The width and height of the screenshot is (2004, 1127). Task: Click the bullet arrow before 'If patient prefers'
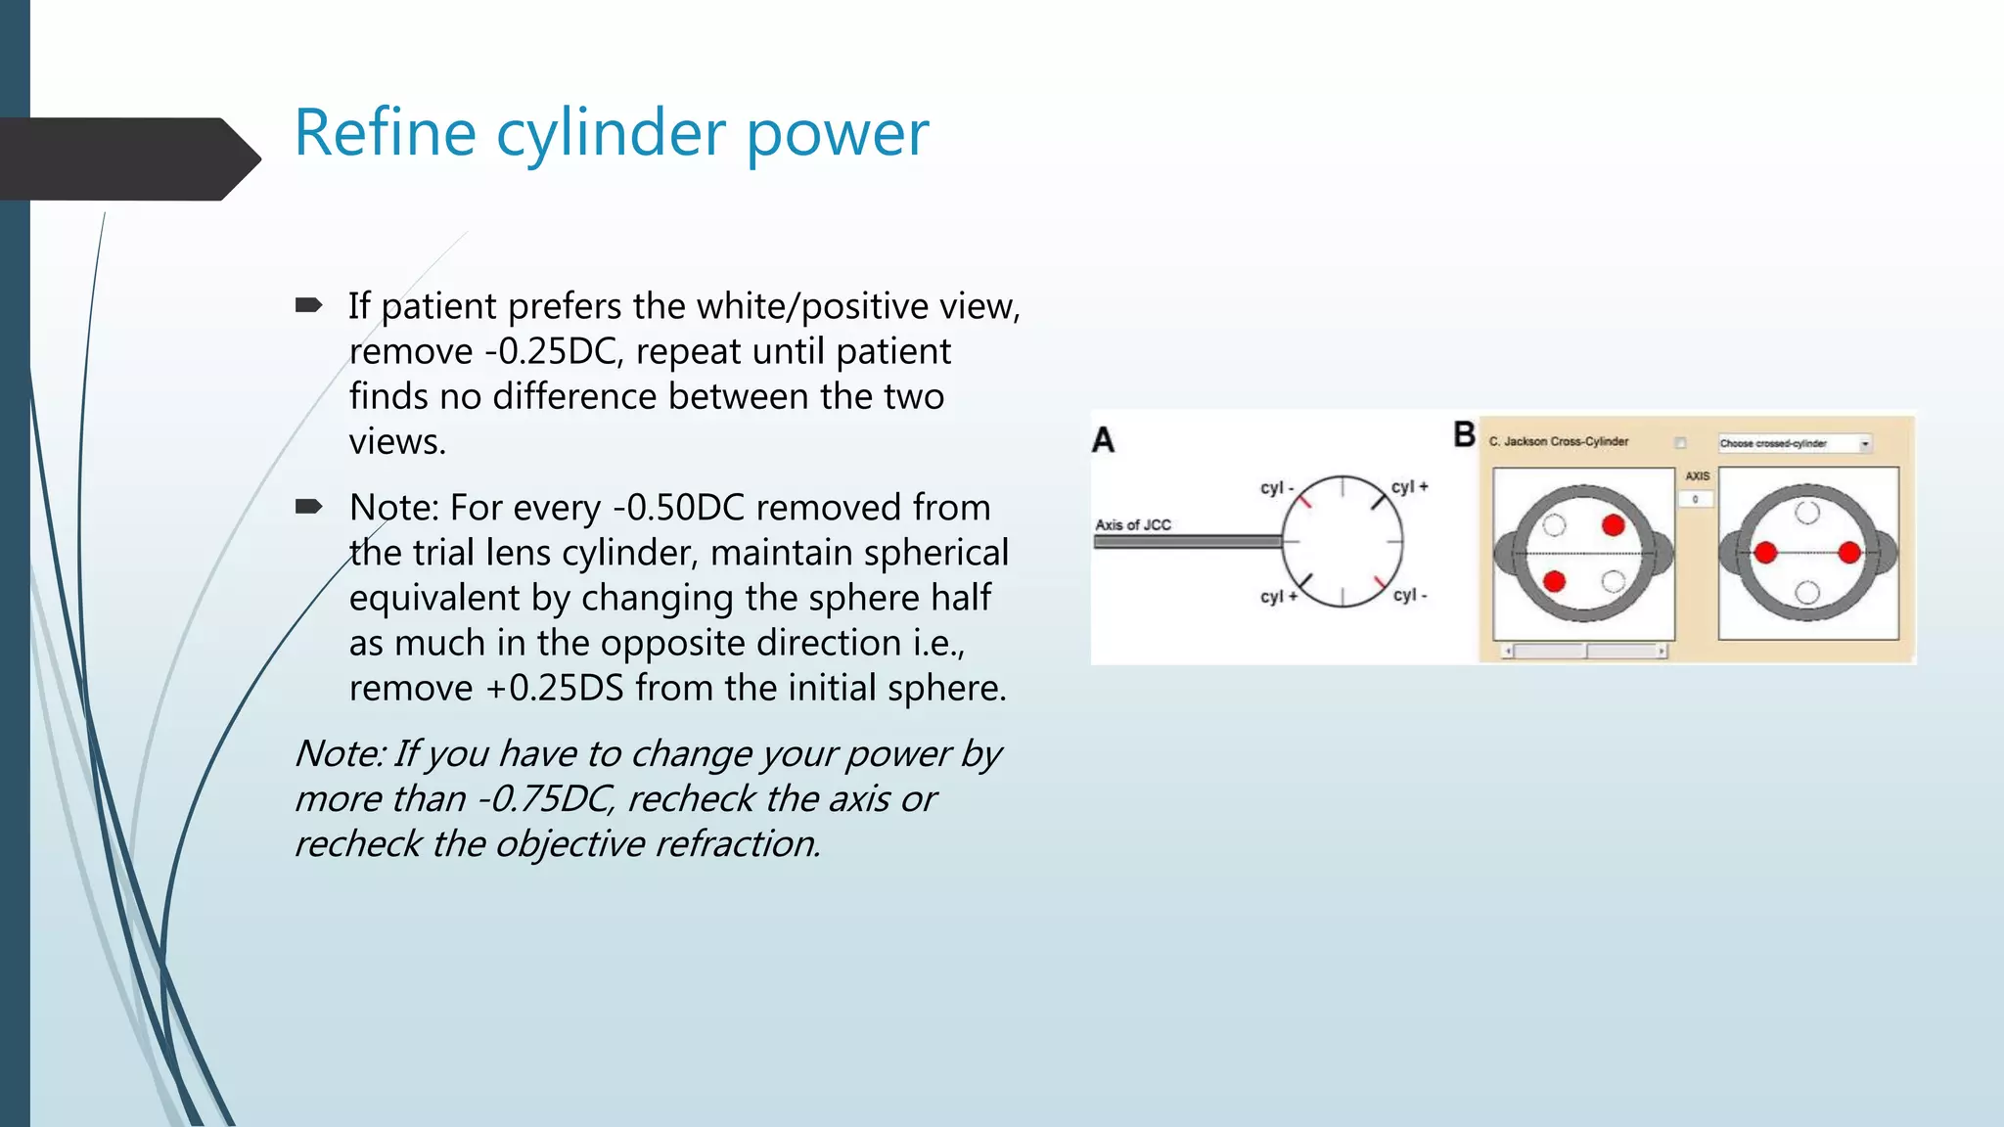point(309,306)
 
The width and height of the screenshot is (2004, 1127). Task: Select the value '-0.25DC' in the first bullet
point(553,352)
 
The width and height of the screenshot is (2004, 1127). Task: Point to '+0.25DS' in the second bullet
point(555,688)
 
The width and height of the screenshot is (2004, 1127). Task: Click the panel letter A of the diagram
point(1103,440)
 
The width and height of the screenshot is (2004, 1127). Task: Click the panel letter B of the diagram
point(1464,434)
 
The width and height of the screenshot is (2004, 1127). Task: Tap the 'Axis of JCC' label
point(1133,524)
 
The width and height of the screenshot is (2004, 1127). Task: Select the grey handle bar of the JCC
point(1187,541)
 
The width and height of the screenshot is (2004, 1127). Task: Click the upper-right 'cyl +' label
point(1410,486)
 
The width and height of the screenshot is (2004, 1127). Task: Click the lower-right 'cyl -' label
point(1410,595)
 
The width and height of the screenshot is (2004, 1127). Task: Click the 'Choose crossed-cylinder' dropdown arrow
point(1865,443)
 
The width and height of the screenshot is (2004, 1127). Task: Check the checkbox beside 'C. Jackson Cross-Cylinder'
point(1680,442)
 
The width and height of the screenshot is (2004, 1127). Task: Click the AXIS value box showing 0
point(1696,499)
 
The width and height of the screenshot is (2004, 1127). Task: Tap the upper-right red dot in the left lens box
point(1614,525)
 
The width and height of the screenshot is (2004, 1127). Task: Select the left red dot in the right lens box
point(1765,553)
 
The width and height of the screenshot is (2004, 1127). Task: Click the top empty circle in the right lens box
point(1807,513)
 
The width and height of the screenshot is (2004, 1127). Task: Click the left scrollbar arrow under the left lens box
point(1508,651)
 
